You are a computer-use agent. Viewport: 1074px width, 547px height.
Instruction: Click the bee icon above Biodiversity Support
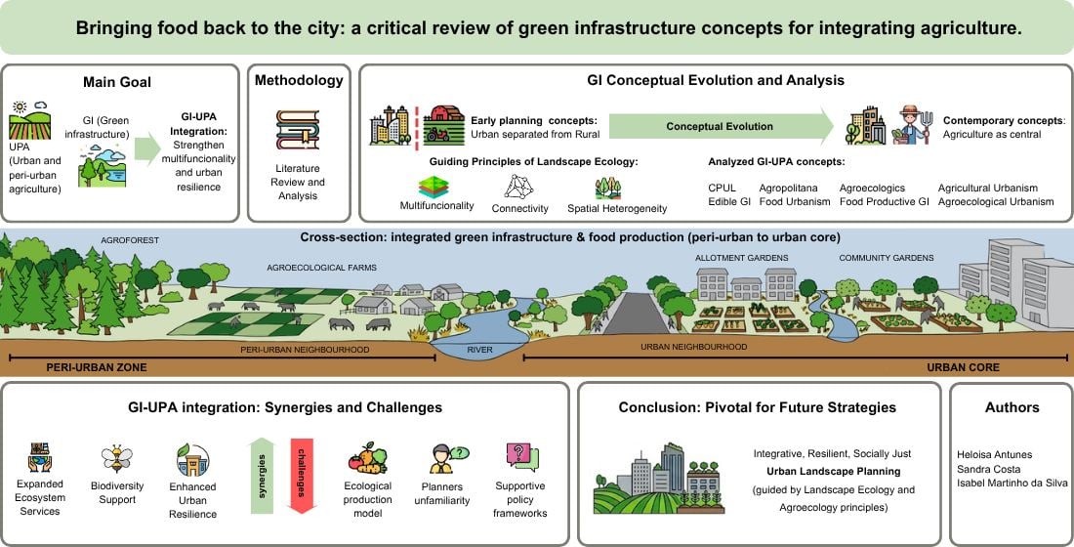116,460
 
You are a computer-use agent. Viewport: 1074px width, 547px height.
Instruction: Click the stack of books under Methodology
297,131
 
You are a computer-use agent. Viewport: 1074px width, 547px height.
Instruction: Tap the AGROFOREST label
129,239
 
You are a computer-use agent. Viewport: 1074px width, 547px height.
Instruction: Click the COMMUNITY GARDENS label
886,258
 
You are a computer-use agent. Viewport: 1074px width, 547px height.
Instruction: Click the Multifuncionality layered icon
433,187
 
